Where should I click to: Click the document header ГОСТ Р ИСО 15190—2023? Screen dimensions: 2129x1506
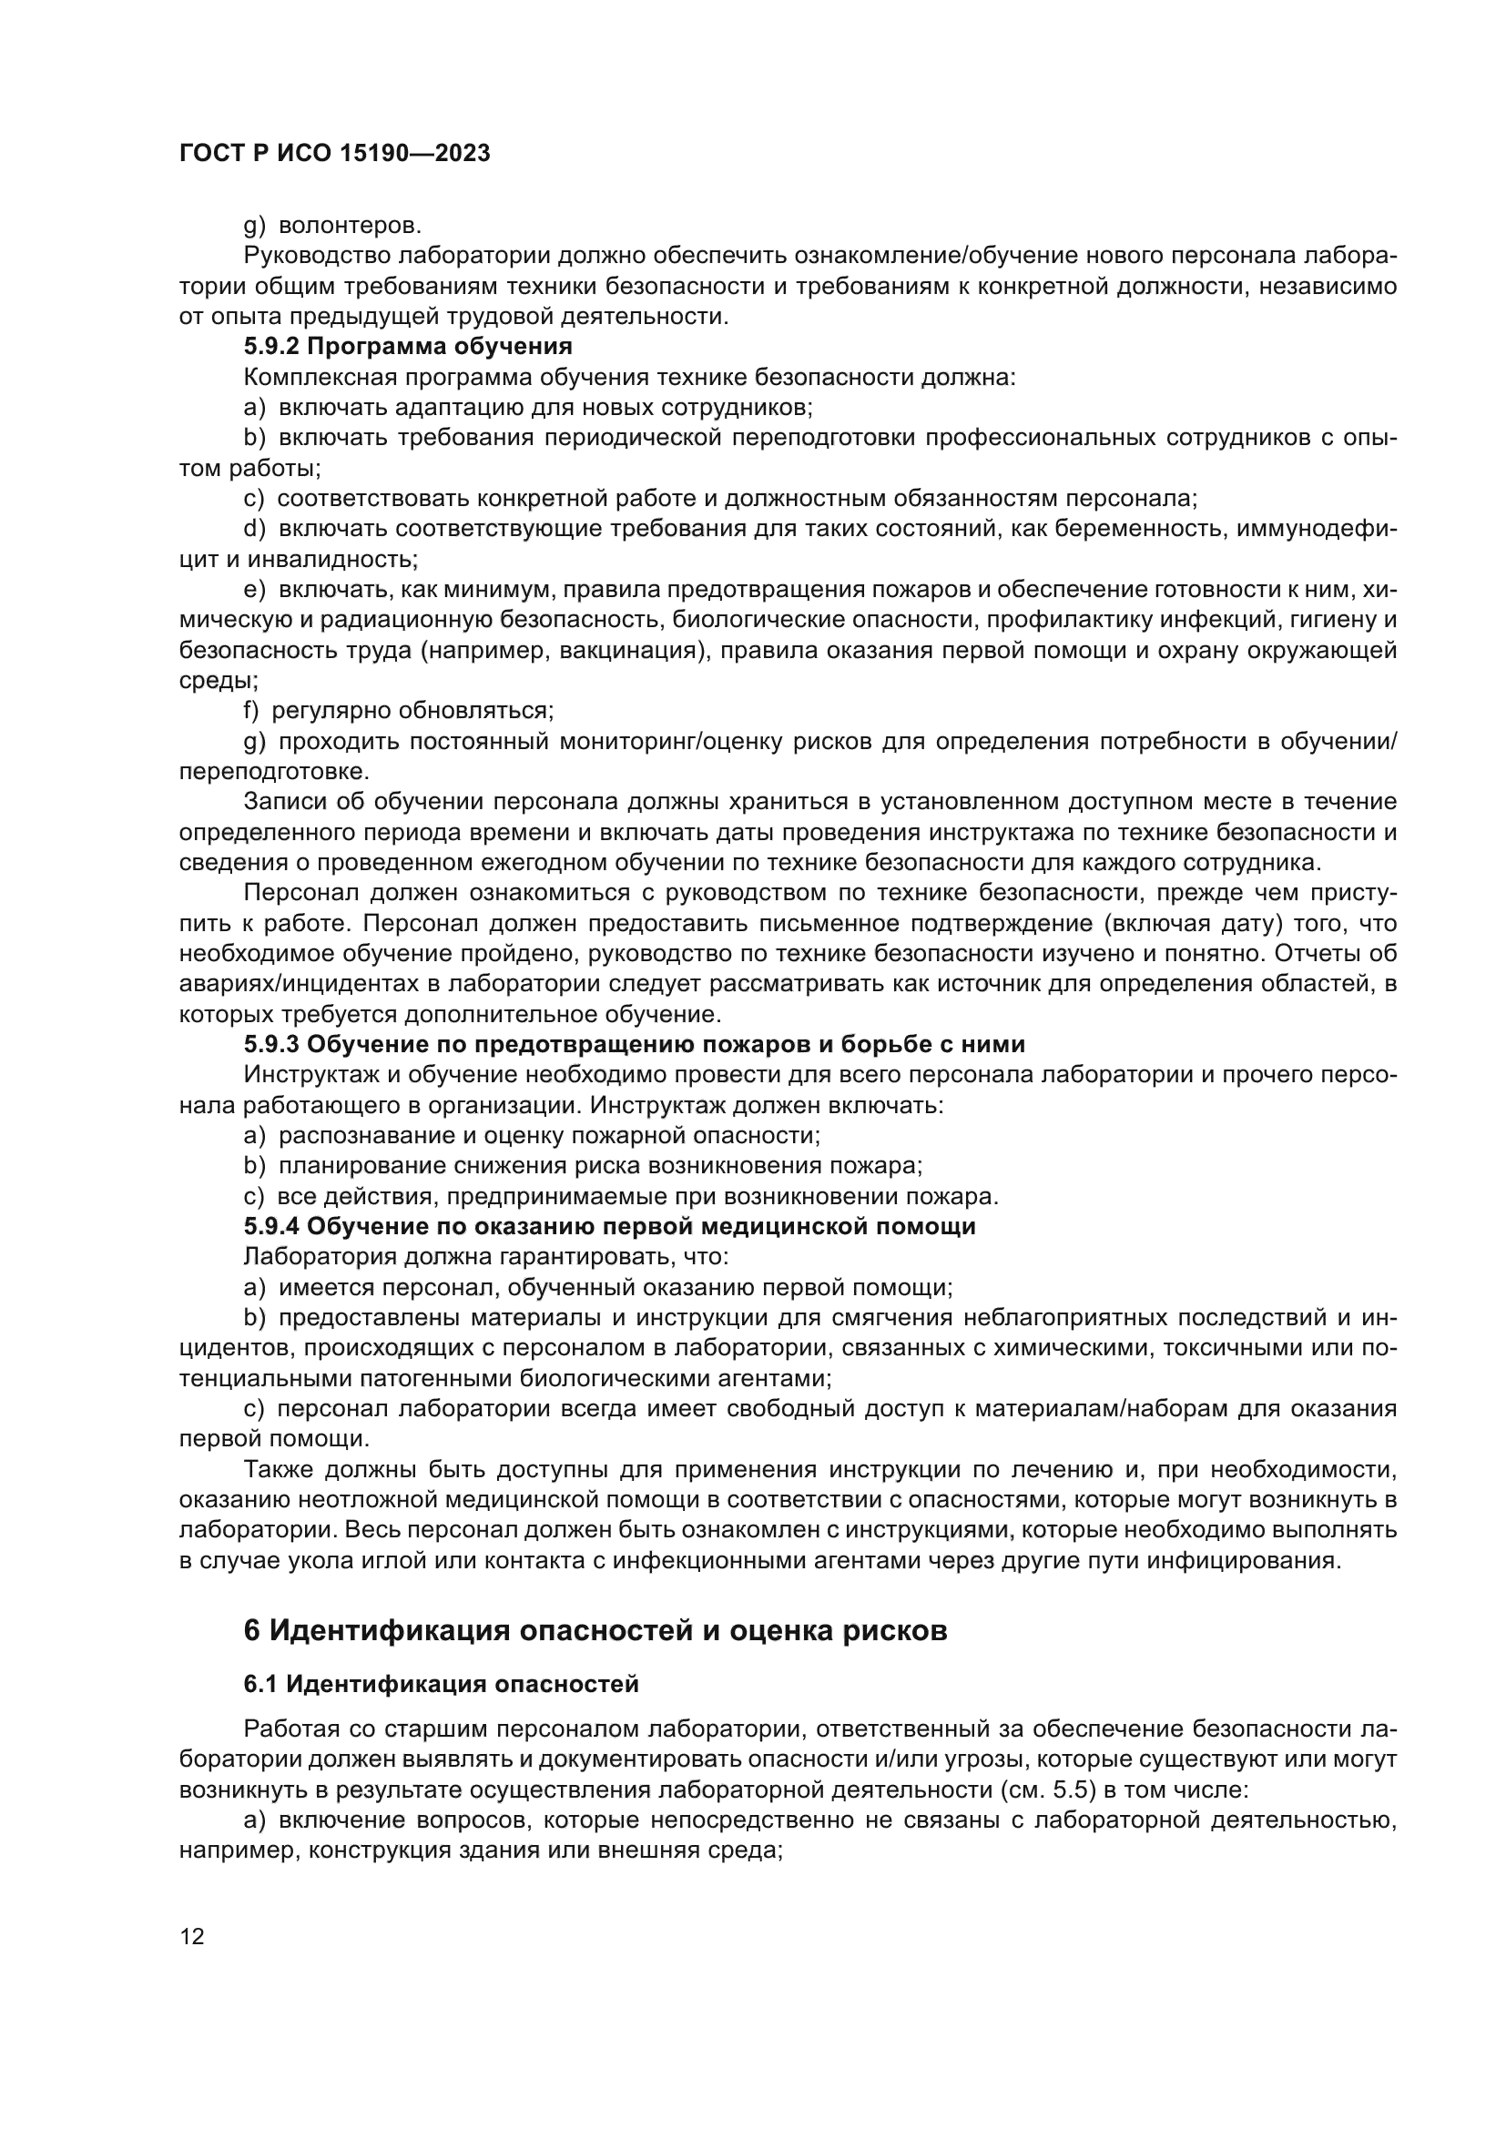click(x=335, y=154)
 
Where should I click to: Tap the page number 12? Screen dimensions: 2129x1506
click(x=192, y=1936)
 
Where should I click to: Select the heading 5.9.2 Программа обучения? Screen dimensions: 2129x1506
click(x=408, y=347)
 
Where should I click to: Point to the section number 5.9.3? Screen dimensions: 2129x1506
click(x=270, y=1044)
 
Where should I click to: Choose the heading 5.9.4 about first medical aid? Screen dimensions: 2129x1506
click(x=609, y=1226)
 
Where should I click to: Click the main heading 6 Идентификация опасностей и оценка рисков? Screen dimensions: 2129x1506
click(x=595, y=1630)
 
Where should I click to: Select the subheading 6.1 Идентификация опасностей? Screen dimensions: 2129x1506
click(x=442, y=1684)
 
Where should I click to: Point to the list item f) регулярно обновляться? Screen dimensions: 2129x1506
click(x=398, y=711)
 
